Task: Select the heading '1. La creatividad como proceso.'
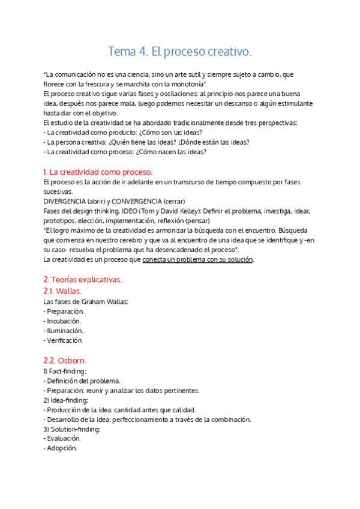[x=98, y=172]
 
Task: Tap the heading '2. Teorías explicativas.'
[x=83, y=280]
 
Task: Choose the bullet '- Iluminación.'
[x=64, y=331]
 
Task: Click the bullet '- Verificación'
[x=63, y=340]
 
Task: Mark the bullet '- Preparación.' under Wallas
[x=64, y=312]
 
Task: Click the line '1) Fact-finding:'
[x=65, y=372]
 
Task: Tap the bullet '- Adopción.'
[x=61, y=448]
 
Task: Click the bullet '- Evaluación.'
[x=62, y=439]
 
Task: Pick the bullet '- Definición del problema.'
[x=82, y=381]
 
